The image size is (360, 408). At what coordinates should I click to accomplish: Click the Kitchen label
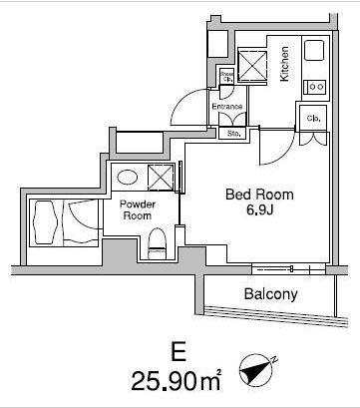pos(285,66)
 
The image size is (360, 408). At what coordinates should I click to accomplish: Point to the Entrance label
pos(227,105)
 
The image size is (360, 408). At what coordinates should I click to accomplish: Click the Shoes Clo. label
pos(226,77)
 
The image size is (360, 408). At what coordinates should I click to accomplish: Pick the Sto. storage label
pos(235,131)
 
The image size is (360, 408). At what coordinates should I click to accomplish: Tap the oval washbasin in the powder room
pos(127,177)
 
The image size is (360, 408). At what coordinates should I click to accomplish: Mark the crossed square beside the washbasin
pos(160,177)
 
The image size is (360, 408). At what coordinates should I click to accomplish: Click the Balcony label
pos(271,294)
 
